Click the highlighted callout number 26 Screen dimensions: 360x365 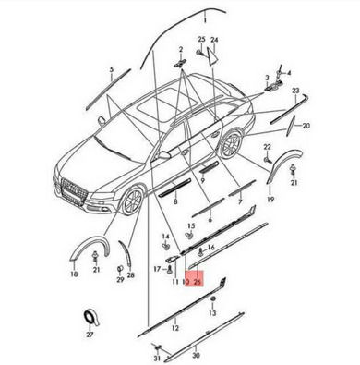198,282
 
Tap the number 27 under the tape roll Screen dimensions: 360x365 90,335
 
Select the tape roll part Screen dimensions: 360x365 91,318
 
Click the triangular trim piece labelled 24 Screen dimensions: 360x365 213,55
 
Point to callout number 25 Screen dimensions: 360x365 201,39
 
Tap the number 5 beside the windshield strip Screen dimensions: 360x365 112,69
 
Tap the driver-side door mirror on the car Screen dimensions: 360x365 164,154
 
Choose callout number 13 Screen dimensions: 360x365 212,313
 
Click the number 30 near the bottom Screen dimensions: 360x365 197,356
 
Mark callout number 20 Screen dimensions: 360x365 306,126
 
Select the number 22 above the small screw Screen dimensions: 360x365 268,147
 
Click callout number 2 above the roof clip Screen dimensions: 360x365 181,49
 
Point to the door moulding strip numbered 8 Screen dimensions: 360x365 174,188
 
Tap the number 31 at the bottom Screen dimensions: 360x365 157,359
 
